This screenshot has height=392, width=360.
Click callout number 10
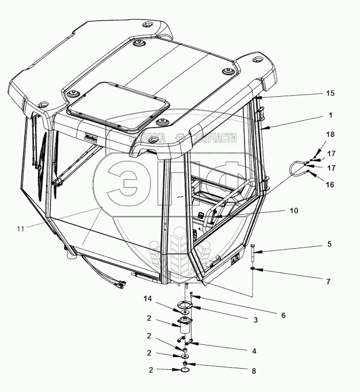[294, 210]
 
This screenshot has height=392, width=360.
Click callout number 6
[283, 315]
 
